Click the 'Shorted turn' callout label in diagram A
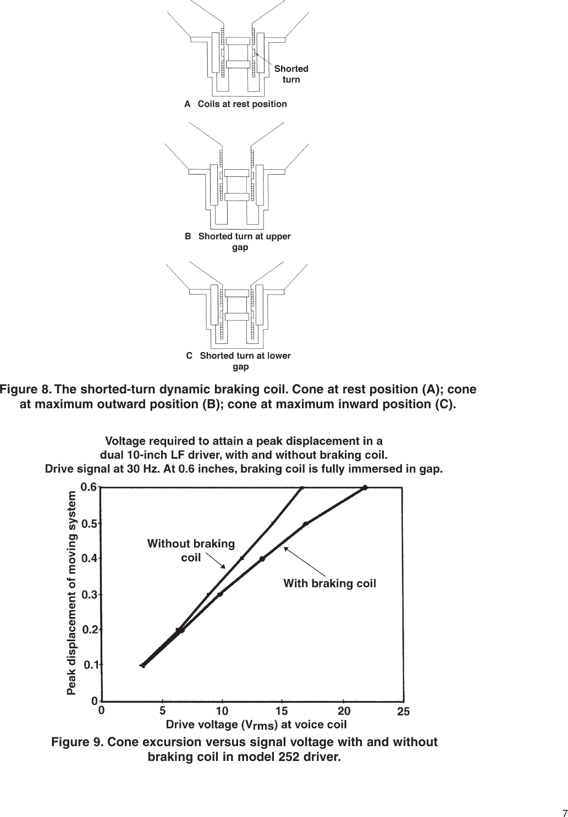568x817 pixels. click(x=291, y=74)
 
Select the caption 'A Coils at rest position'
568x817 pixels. click(x=235, y=104)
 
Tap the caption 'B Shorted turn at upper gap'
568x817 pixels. click(x=238, y=242)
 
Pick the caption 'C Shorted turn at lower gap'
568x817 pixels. click(x=239, y=361)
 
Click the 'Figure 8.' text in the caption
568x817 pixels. click(x=25, y=390)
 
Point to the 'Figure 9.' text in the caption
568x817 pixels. click(x=77, y=742)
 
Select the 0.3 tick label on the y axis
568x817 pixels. click(x=90, y=594)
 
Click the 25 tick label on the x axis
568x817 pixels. click(x=404, y=712)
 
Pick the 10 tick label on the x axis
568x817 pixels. click(x=222, y=710)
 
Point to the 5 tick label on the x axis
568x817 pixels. click(x=162, y=710)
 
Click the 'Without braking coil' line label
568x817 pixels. click(x=191, y=551)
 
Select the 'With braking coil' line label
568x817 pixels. click(x=329, y=583)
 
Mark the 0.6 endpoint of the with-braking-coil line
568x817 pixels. click(x=365, y=487)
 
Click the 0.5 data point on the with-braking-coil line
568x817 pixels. click(x=306, y=524)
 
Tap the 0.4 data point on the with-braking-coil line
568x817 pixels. click(x=262, y=559)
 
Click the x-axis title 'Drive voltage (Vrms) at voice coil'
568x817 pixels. click(x=256, y=724)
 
